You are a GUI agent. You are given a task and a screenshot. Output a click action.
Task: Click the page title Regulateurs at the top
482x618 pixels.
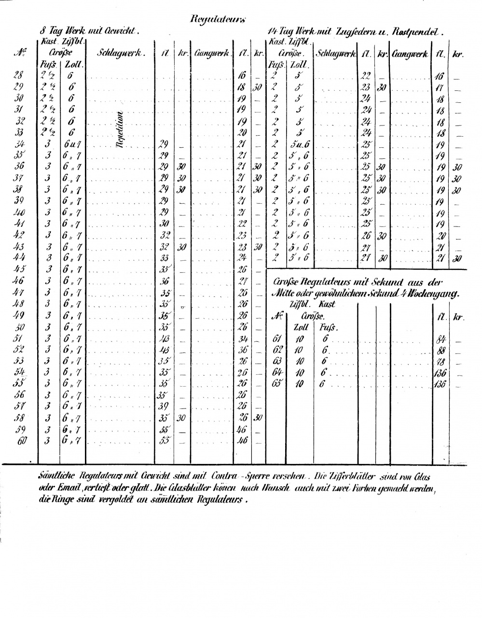(219, 19)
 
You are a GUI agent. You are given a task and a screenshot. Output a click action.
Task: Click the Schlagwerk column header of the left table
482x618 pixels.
(121, 53)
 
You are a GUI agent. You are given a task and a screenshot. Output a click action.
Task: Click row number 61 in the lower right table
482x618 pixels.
(277, 338)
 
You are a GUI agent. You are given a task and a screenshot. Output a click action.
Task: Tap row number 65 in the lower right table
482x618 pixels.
(277, 384)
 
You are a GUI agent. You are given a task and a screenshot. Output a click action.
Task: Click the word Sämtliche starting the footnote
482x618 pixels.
(55, 476)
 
